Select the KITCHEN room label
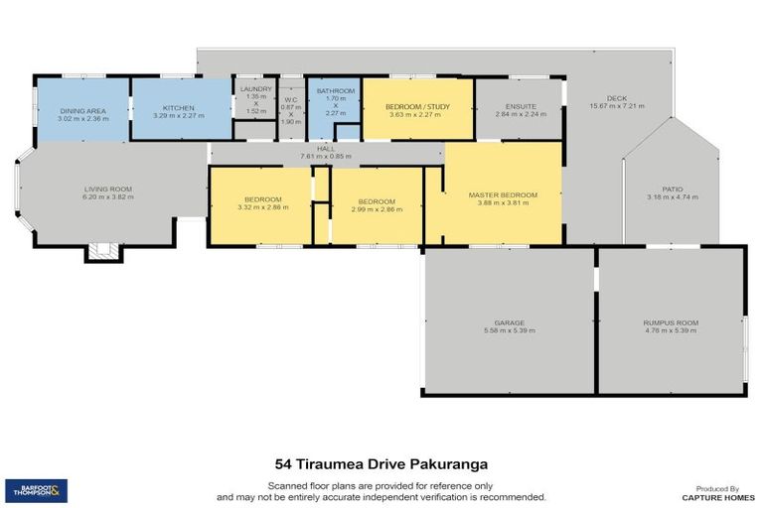click(179, 108)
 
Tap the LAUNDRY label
click(255, 89)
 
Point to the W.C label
click(290, 99)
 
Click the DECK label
click(616, 98)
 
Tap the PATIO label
click(673, 189)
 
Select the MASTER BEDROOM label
click(503, 194)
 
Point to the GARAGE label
click(509, 322)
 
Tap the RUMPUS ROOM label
click(670, 322)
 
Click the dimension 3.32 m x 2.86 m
click(262, 208)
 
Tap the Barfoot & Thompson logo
click(37, 489)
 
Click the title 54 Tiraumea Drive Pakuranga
click(381, 462)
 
